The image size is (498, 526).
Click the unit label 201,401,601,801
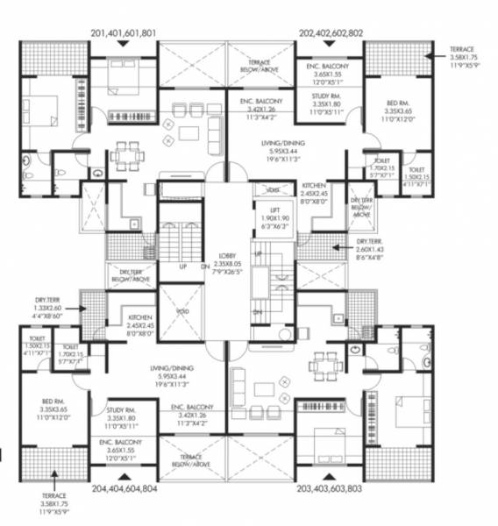pyautogui.click(x=124, y=33)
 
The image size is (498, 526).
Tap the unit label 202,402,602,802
pyautogui.click(x=332, y=33)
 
